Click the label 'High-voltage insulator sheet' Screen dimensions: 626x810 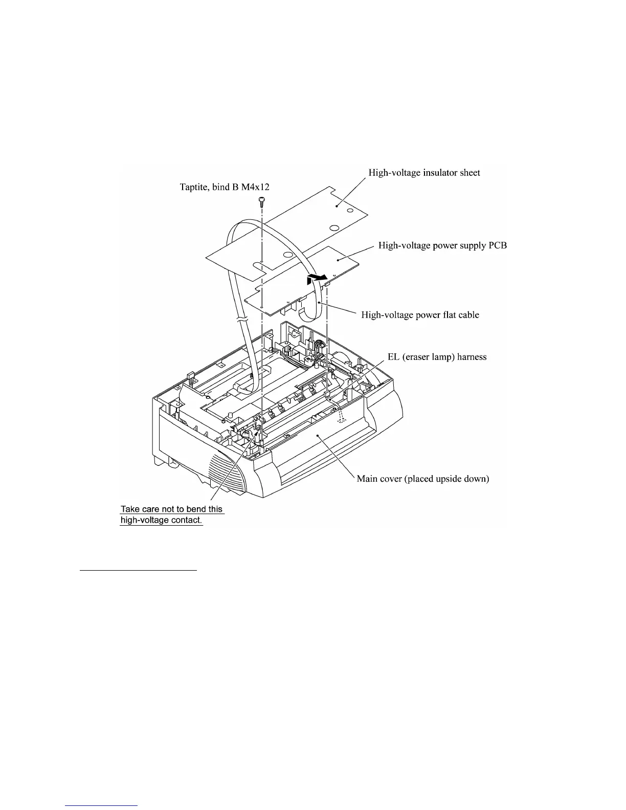424,173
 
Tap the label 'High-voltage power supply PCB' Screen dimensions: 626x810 442,245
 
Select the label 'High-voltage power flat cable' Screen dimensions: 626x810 420,315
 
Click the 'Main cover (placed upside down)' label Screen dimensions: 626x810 423,479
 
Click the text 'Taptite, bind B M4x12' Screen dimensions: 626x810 225,187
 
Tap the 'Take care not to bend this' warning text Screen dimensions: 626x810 172,509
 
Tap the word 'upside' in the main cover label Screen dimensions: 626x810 448,479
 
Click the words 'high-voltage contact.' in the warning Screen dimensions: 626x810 161,521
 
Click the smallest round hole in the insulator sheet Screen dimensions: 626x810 349,210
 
